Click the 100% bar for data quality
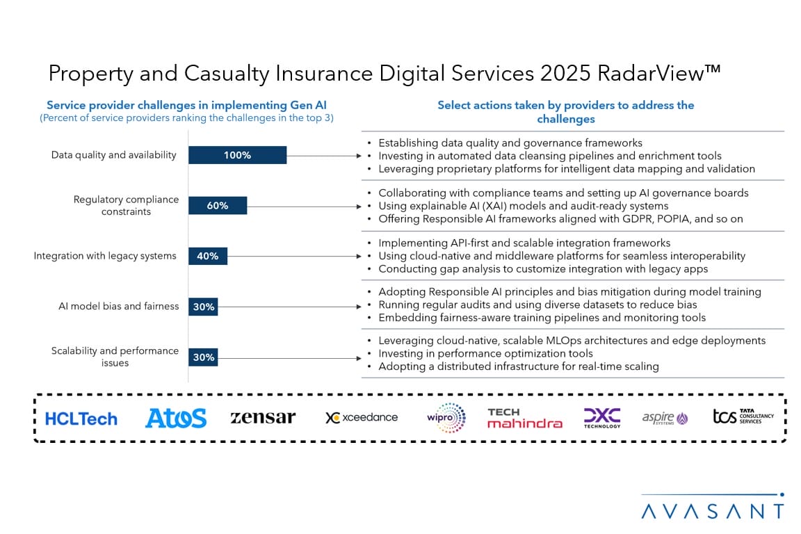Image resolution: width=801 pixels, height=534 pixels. tap(237, 155)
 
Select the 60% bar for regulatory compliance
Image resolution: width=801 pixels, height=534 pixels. tap(218, 205)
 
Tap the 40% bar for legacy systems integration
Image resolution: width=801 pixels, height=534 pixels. tap(208, 256)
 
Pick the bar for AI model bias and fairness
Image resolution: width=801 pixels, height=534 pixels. tap(203, 307)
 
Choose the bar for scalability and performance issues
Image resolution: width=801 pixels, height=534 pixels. tap(203, 357)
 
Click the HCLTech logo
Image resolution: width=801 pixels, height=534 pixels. tap(81, 419)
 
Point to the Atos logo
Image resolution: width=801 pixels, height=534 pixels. tap(176, 418)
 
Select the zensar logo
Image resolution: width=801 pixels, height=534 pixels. tap(263, 417)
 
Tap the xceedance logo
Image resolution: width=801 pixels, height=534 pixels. tap(362, 417)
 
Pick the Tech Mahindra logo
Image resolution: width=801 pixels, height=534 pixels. tap(524, 418)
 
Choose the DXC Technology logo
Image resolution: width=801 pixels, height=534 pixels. tap(602, 417)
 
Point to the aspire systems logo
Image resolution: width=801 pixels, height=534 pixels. tap(665, 418)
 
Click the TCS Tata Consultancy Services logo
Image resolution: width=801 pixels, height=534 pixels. tap(743, 417)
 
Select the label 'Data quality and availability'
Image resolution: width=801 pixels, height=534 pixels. tap(114, 155)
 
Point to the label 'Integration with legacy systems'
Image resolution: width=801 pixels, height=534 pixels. tap(105, 256)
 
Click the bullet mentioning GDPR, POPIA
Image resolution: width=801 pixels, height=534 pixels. tap(560, 218)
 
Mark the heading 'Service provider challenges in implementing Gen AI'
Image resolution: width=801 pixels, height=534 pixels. tap(186, 106)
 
